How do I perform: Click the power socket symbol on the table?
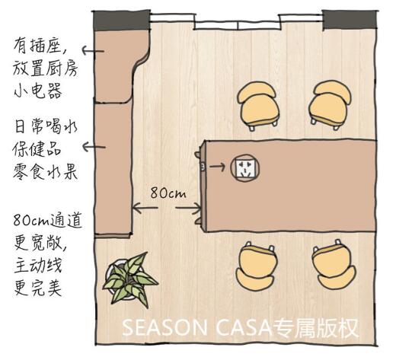(x=245, y=167)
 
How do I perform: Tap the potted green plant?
(x=130, y=279)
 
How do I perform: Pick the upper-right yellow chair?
(x=331, y=105)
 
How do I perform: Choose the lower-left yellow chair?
(x=257, y=266)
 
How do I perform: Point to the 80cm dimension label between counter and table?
(x=168, y=193)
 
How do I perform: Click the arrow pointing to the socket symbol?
(x=217, y=167)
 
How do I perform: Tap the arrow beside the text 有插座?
(x=93, y=51)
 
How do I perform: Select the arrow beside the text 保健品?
(x=94, y=147)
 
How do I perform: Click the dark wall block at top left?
(x=121, y=21)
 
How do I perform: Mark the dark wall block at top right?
(x=350, y=20)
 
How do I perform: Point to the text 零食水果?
(x=45, y=172)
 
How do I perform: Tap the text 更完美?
(x=38, y=288)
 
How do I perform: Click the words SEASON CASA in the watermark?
(x=197, y=328)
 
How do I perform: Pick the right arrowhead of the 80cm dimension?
(x=196, y=208)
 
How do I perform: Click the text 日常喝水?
(x=46, y=126)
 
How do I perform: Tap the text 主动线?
(x=38, y=266)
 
